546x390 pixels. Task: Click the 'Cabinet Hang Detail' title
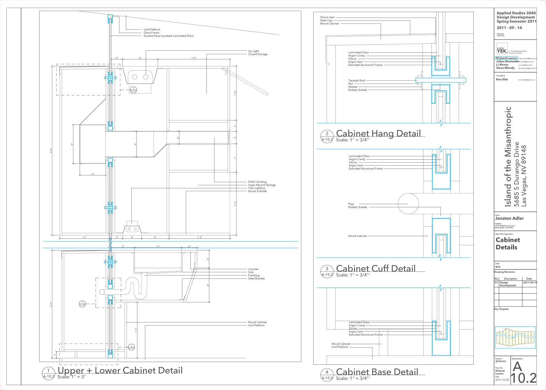(x=378, y=133)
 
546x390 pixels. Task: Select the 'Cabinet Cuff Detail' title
(x=376, y=268)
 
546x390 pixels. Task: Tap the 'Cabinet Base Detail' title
(x=377, y=372)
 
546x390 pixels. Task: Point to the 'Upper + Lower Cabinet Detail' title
(x=120, y=370)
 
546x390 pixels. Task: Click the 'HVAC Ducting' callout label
(x=257, y=182)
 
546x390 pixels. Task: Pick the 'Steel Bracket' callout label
(x=256, y=278)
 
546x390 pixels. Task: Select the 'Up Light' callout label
(x=253, y=51)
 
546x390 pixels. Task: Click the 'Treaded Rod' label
(x=356, y=81)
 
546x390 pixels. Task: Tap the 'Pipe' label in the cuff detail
(x=351, y=204)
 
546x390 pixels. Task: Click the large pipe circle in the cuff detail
(x=408, y=204)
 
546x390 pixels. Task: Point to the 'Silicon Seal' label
(x=327, y=17)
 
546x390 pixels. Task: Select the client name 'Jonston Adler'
(x=509, y=218)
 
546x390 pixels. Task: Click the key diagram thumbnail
(x=515, y=337)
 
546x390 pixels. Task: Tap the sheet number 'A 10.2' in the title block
(x=523, y=373)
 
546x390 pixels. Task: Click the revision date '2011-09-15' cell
(x=530, y=283)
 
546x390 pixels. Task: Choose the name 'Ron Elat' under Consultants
(x=502, y=80)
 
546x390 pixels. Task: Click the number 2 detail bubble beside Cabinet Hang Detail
(x=327, y=136)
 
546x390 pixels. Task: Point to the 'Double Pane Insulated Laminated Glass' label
(x=168, y=36)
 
